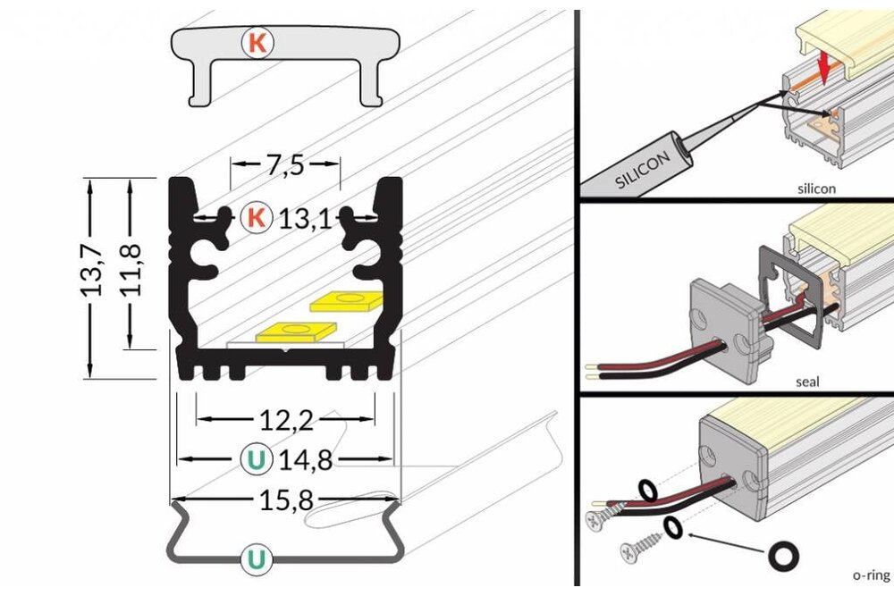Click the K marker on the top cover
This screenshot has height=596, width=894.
tap(257, 43)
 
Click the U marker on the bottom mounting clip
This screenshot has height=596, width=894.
tap(257, 559)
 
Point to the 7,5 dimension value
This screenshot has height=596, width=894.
tap(285, 165)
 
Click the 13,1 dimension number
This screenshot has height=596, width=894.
tap(305, 217)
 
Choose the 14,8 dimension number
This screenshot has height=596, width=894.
tap(305, 460)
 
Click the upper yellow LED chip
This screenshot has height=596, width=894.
tap(343, 300)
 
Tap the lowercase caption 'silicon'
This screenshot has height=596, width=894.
tap(815, 189)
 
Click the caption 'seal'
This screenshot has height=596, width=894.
tap(807, 382)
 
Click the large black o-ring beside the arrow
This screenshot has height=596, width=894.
tap(785, 557)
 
